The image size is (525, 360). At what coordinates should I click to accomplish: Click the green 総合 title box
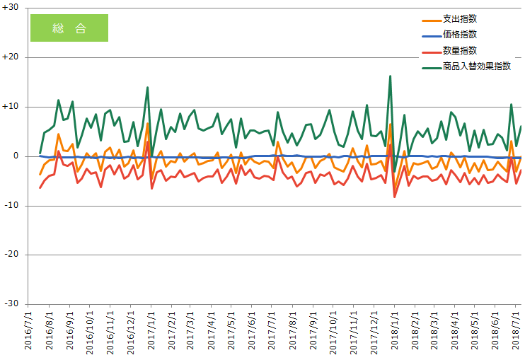coord(69,28)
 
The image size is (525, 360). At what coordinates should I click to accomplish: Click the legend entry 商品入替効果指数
coord(476,66)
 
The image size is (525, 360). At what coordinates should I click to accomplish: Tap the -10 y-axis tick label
coord(12,205)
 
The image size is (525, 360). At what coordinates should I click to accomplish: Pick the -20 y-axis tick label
coord(12,255)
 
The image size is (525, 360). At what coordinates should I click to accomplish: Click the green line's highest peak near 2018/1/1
coord(390,76)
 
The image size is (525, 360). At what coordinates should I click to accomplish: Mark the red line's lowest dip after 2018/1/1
coord(395,197)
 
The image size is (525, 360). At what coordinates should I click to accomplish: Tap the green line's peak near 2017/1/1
coord(147,87)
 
